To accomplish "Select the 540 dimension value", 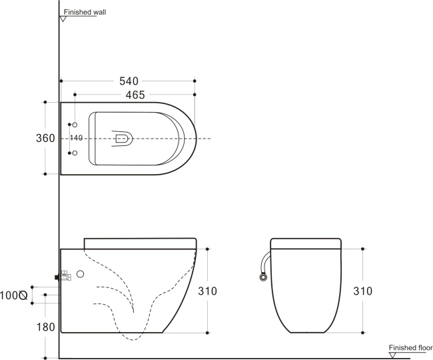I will tap(129, 81).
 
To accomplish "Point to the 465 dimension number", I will tap(135, 95).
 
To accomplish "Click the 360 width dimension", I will tap(45, 138).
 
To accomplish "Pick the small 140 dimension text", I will tap(75, 138).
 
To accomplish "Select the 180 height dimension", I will tap(45, 327).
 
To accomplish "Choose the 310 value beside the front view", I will tap(363, 291).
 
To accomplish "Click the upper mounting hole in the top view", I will tap(75, 125).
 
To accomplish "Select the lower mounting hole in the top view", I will tap(75, 153).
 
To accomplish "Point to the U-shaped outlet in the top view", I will tap(123, 139).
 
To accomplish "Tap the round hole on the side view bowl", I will tap(81, 273).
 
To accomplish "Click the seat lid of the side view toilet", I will tap(140, 242).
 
